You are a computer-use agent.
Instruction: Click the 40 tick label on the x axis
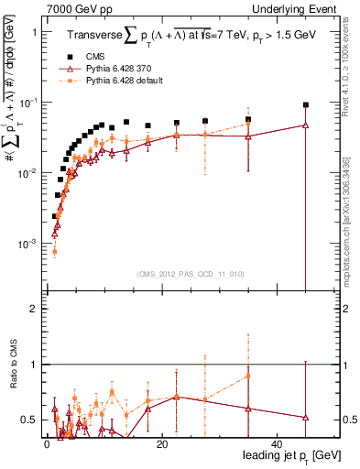pos(278,444)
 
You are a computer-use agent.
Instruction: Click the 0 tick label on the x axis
pos(47,444)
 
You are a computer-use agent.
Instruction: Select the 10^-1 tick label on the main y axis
pos(25,103)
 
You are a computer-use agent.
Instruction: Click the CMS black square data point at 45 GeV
pos(306,105)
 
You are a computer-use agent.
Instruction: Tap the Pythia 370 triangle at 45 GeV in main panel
pos(306,125)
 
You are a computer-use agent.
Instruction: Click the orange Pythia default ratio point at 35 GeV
pos(248,376)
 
